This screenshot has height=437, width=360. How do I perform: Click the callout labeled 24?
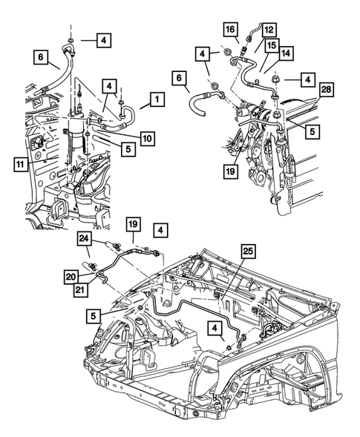(88, 240)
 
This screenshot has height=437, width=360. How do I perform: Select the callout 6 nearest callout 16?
(177, 76)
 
